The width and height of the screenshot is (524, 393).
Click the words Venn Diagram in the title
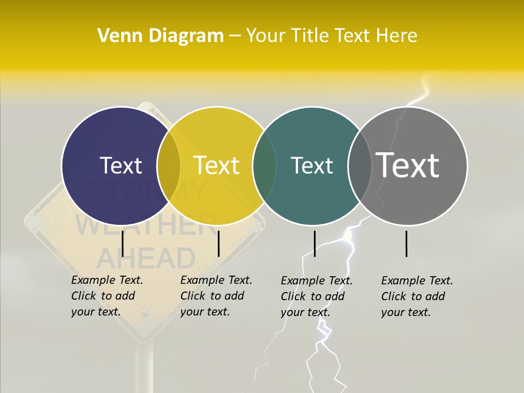pyautogui.click(x=160, y=36)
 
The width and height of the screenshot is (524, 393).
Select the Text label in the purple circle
pyautogui.click(x=121, y=165)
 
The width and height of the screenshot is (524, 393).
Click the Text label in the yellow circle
pyautogui.click(x=217, y=165)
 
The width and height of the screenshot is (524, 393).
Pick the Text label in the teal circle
pyautogui.click(x=312, y=165)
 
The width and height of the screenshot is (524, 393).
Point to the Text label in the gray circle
pyautogui.click(x=408, y=165)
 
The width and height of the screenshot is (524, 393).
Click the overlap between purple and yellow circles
pyautogui.click(x=169, y=165)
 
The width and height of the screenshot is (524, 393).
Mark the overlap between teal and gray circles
pyautogui.click(x=360, y=165)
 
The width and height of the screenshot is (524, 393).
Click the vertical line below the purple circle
pyautogui.click(x=123, y=243)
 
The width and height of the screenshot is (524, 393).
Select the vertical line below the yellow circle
pyautogui.click(x=218, y=243)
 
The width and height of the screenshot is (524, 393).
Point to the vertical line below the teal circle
pyautogui.click(x=314, y=243)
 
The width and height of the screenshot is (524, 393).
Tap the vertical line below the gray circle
pyautogui.click(x=406, y=243)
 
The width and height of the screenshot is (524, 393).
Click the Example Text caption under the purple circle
pyautogui.click(x=107, y=296)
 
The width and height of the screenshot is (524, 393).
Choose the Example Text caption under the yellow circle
pyautogui.click(x=216, y=296)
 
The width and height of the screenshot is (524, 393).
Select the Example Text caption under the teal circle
pyautogui.click(x=317, y=296)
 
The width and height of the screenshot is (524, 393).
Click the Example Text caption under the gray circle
pyautogui.click(x=417, y=296)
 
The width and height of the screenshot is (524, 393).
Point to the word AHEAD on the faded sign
pyautogui.click(x=146, y=258)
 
